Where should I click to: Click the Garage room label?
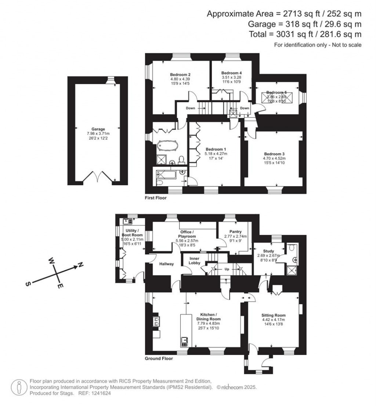(x=98, y=129)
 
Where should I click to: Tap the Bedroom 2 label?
(x=180, y=74)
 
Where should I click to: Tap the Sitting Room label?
(x=273, y=315)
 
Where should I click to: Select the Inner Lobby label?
(x=194, y=261)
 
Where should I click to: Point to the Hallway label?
(x=166, y=264)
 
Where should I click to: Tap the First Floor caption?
(x=156, y=198)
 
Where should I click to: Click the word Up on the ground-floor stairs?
(x=227, y=269)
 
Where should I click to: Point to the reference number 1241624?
(x=99, y=393)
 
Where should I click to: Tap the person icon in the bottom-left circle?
(x=18, y=387)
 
